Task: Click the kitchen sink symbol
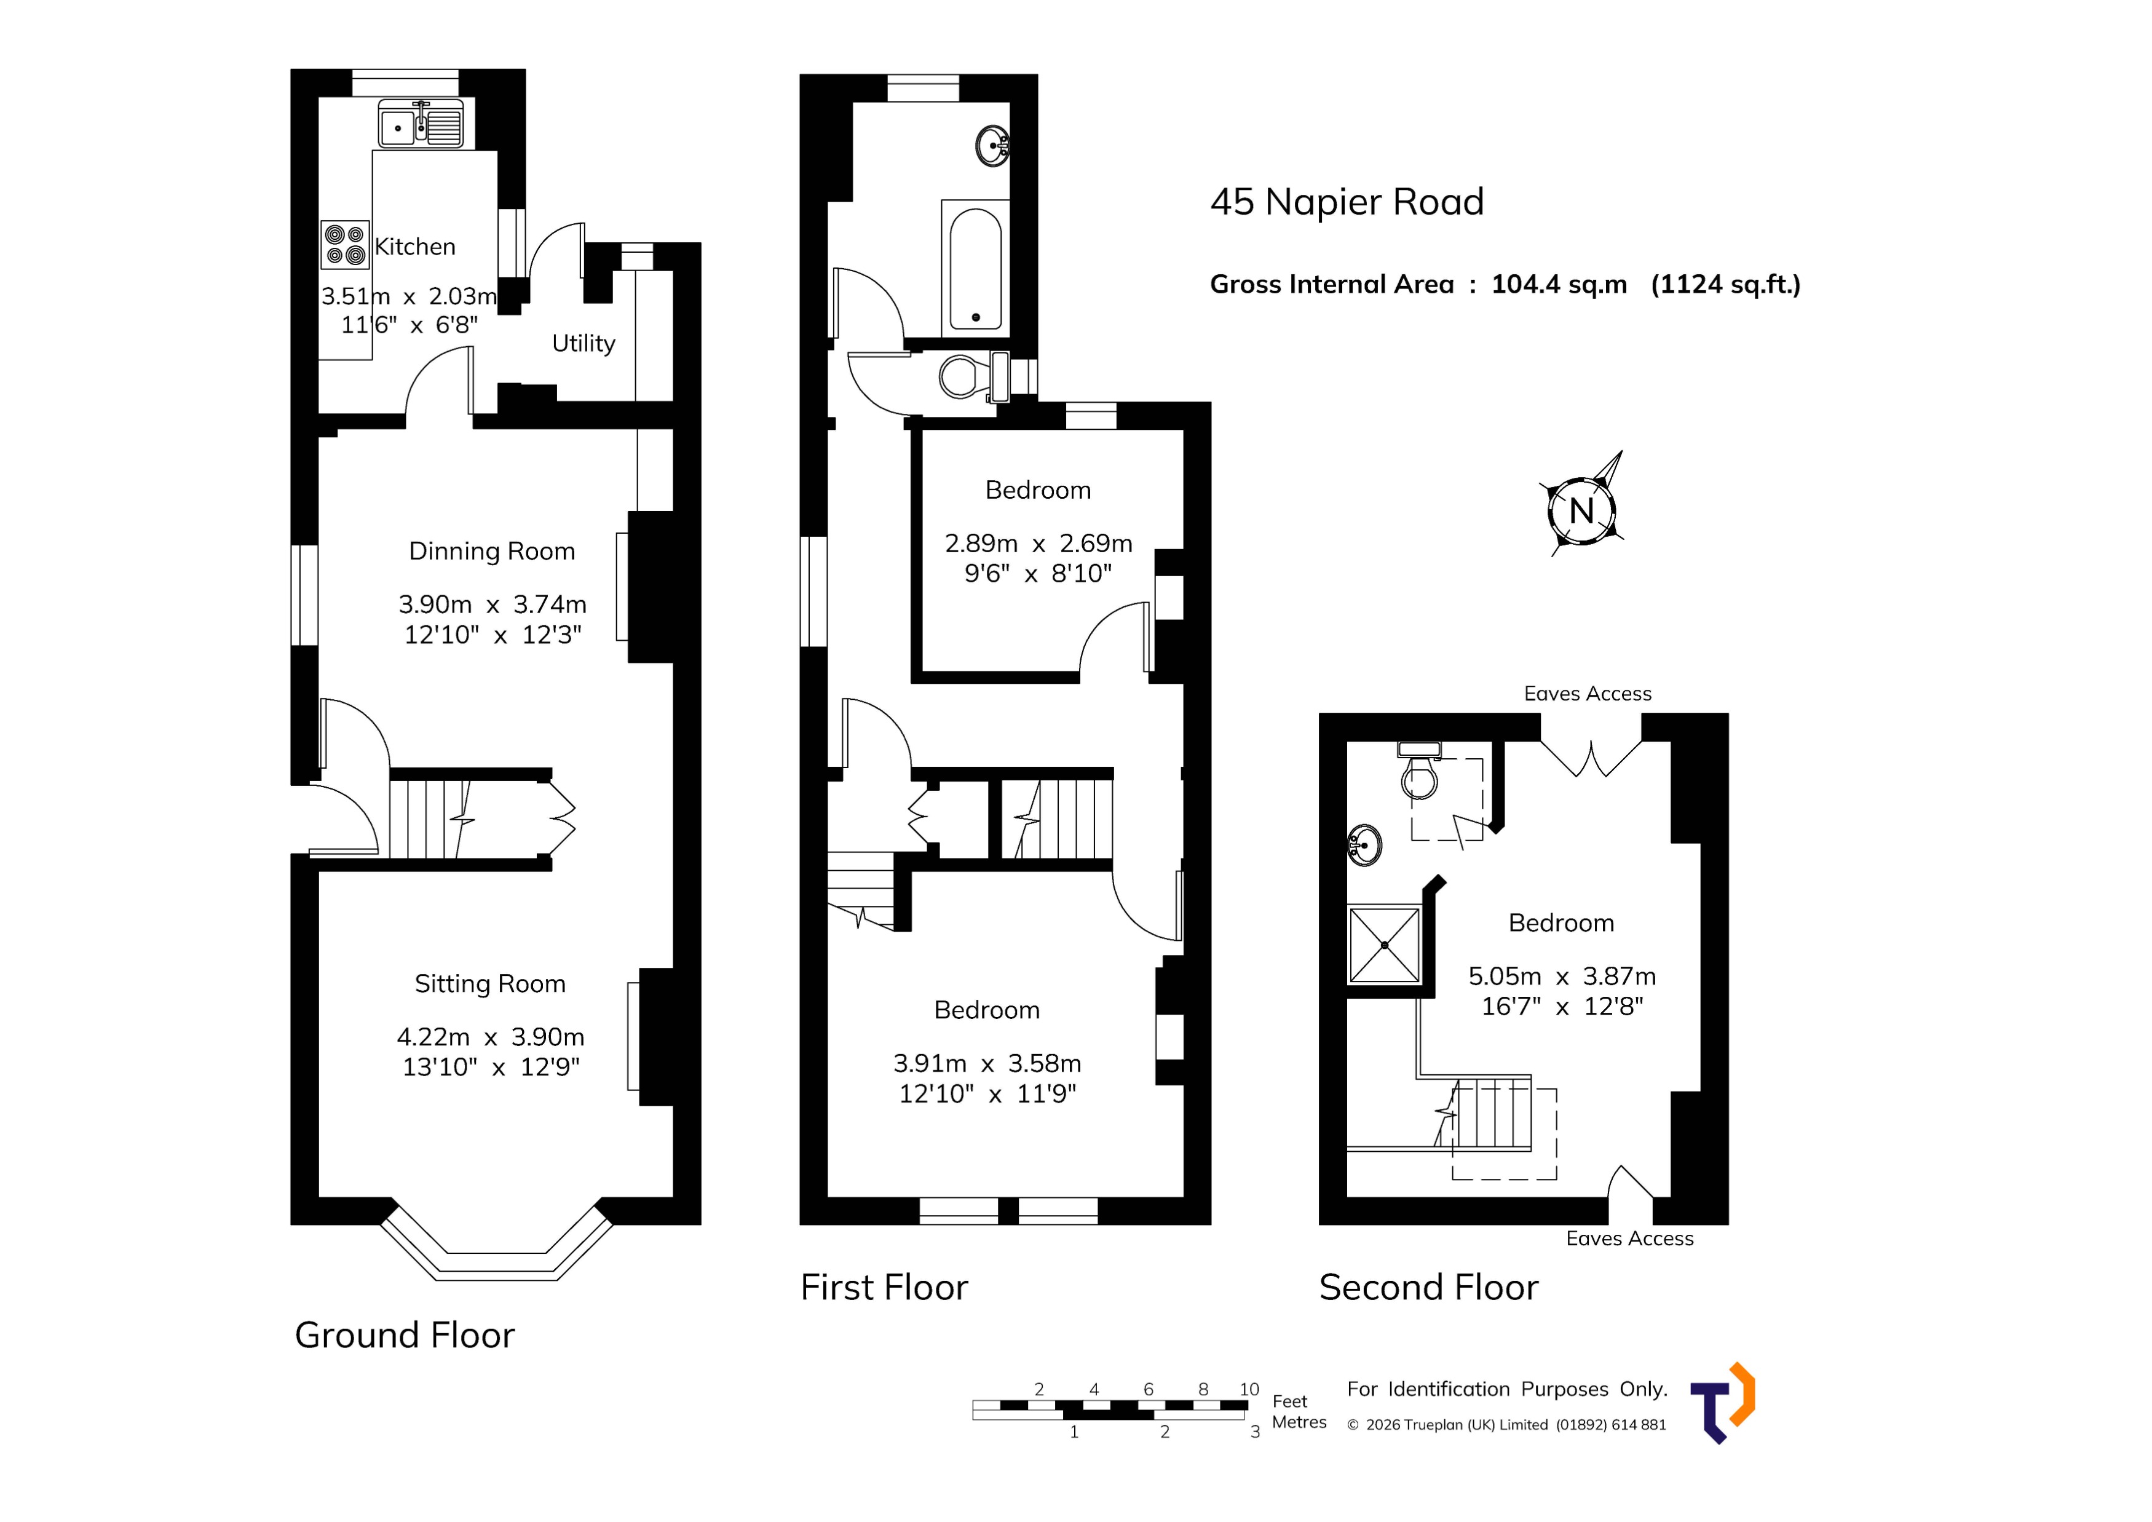[x=421, y=125]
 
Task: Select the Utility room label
[x=583, y=343]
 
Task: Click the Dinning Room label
[x=492, y=551]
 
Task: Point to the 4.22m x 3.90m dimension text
[x=490, y=1037]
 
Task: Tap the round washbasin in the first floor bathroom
[x=992, y=146]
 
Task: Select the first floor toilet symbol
[x=965, y=378]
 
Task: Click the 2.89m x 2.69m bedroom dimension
[x=1038, y=544]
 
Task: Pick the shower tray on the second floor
[x=1385, y=944]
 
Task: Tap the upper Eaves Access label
[x=1587, y=694]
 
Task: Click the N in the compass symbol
[x=1582, y=512]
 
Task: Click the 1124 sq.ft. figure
[x=1725, y=284]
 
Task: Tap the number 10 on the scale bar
[x=1248, y=1389]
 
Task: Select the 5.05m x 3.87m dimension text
[x=1562, y=977]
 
